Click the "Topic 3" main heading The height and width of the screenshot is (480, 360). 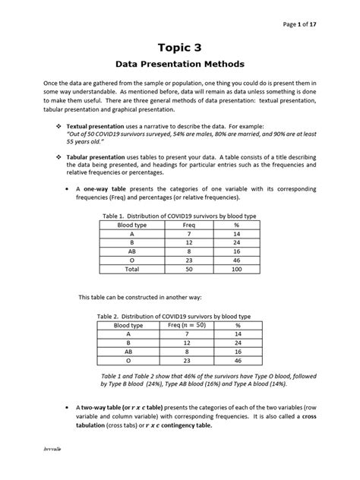[179, 48]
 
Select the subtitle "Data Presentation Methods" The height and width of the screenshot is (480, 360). [179, 65]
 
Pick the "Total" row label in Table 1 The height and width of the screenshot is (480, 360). [131, 269]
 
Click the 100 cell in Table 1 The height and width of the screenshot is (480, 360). [236, 269]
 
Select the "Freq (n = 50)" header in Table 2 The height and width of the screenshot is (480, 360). [187, 325]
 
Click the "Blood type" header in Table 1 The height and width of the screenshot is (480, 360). [131, 226]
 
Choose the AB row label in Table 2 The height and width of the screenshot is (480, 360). [128, 352]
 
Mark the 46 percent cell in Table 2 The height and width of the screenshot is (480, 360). [238, 362]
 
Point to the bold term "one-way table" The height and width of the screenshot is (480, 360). [105, 188]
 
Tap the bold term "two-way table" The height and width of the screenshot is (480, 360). [102, 407]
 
